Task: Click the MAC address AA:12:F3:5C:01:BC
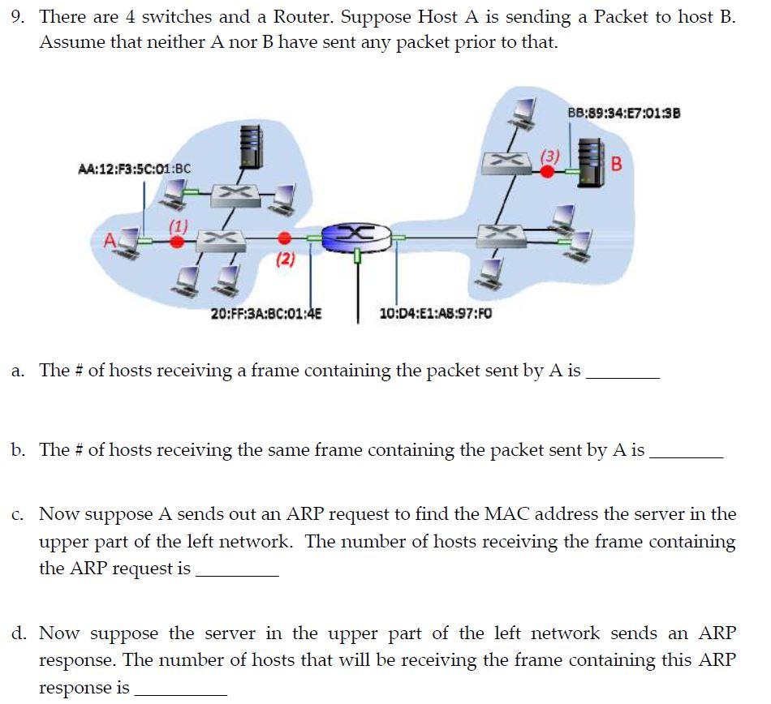point(135,169)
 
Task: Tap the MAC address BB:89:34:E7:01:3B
point(624,113)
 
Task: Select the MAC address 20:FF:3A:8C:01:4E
point(265,312)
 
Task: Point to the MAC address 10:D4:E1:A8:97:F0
point(436,312)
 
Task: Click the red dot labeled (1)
point(179,241)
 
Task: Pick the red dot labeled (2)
point(284,238)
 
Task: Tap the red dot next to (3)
point(549,171)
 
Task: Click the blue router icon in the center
point(356,236)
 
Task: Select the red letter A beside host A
point(110,240)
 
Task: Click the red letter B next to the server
point(616,164)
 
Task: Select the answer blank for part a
point(622,376)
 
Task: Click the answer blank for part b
point(686,454)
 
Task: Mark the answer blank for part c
point(237,573)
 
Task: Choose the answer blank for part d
point(180,692)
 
